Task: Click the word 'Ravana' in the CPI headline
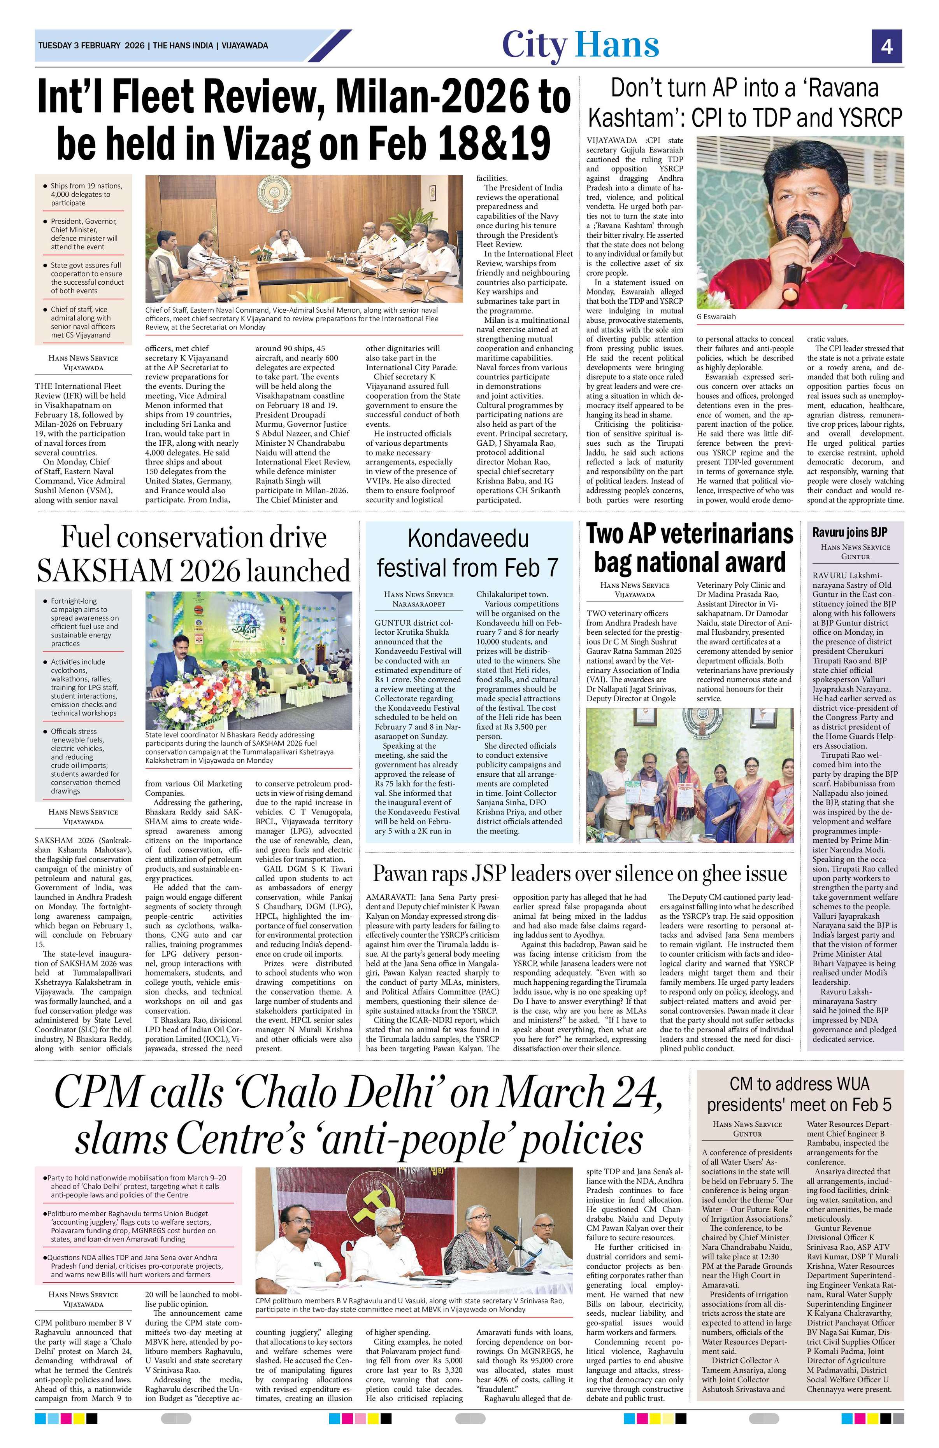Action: pos(843,89)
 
